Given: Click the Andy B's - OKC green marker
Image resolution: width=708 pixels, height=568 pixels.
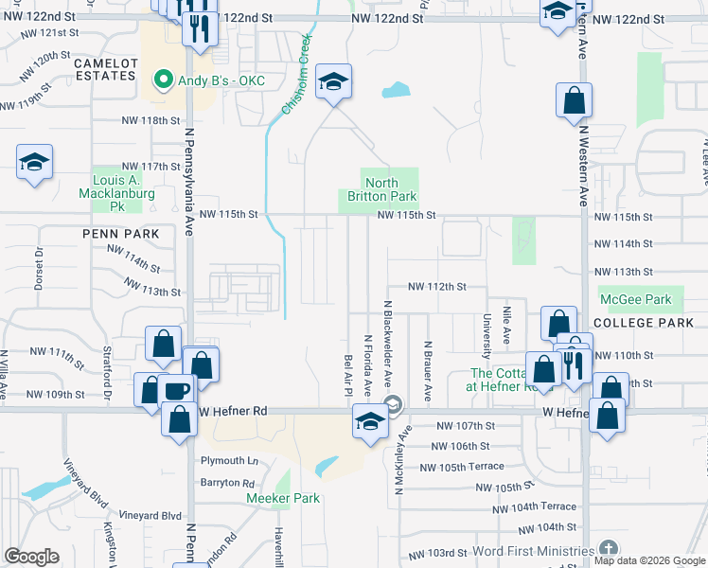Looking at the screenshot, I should coord(163,79).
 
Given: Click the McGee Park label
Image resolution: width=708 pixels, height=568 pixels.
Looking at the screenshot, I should coord(636,299).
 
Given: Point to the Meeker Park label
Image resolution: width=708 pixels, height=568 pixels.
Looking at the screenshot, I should coord(284,498).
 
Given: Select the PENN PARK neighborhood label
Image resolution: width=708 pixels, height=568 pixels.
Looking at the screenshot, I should coord(120,232).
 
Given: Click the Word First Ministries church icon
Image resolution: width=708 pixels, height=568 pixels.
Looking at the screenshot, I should coord(608,549).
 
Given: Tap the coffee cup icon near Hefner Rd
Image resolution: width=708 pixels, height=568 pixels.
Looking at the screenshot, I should coord(178,390).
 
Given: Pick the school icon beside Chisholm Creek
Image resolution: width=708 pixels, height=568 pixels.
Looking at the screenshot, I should coord(333,82).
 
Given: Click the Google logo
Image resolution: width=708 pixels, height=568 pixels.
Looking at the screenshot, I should coord(31,557).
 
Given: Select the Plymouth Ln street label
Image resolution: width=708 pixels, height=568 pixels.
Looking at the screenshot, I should coord(228,461).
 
